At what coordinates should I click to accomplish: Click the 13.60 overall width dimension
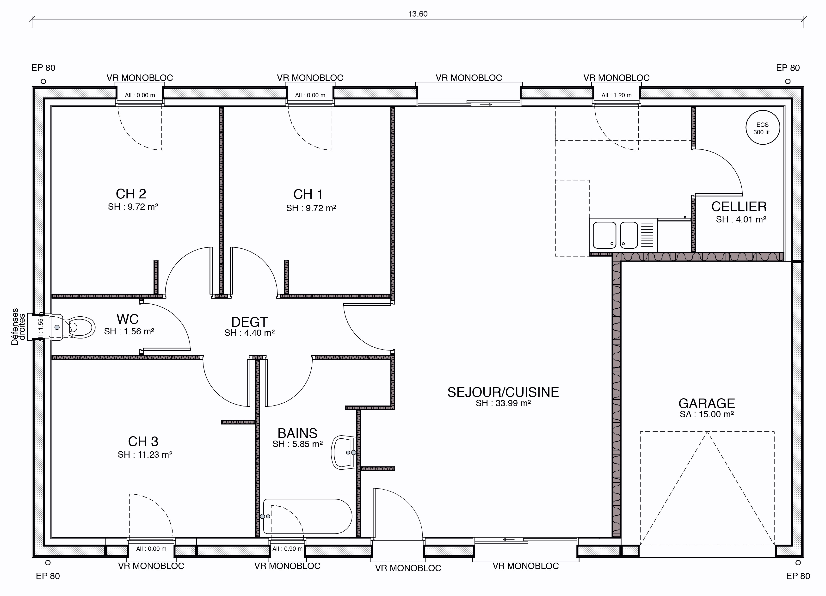[418, 14]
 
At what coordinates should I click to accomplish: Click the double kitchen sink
[623, 235]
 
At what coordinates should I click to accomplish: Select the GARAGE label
[707, 403]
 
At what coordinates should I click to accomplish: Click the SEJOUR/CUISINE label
[503, 392]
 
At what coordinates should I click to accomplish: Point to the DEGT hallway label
[249, 322]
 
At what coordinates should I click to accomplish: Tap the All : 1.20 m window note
[616, 95]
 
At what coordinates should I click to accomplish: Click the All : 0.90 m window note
[287, 549]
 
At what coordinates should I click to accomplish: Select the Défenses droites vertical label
[18, 326]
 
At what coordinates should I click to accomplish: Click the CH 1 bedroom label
[308, 194]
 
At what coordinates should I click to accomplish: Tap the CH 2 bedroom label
[131, 194]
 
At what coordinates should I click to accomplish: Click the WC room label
[128, 319]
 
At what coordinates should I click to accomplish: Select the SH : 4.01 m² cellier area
[741, 220]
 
